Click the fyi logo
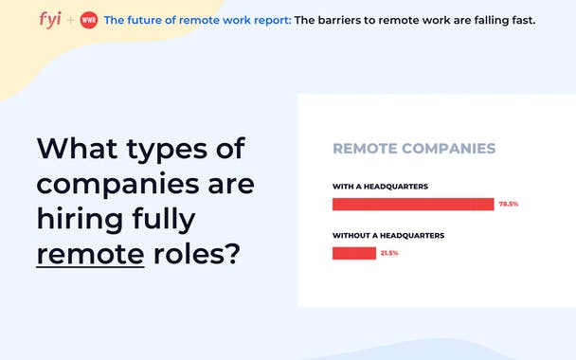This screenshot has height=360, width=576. click(52, 19)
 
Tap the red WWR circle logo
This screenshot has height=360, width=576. click(88, 20)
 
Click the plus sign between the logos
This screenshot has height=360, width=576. click(71, 20)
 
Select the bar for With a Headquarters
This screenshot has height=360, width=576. click(412, 204)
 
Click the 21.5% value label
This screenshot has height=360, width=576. click(389, 253)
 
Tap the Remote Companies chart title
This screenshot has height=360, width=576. click(414, 149)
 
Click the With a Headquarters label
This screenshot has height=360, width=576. click(380, 186)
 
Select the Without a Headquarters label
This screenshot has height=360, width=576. click(388, 235)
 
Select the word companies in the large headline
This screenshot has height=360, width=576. click(116, 184)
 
